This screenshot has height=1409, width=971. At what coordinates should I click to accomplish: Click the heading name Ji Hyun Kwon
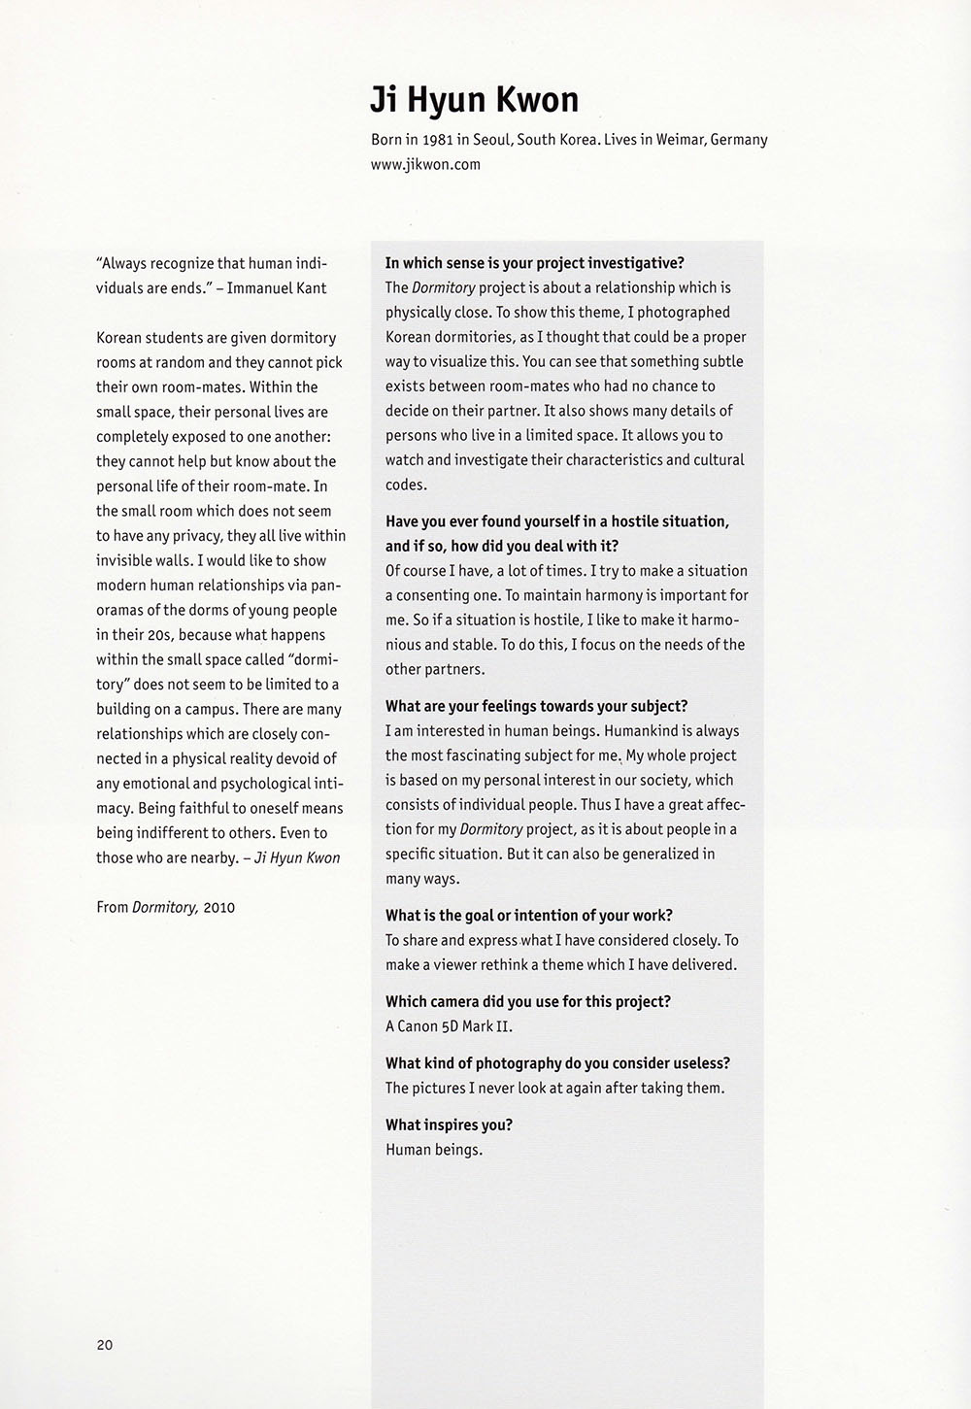pos(474,100)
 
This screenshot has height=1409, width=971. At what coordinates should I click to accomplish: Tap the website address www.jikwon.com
pos(425,164)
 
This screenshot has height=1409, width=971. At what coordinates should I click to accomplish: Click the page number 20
pos(104,1345)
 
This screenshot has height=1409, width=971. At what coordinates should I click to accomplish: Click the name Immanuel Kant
pos(277,287)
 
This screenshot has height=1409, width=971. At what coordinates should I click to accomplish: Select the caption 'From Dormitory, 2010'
pos(165,907)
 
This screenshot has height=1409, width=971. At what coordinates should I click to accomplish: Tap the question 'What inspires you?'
pos(449,1124)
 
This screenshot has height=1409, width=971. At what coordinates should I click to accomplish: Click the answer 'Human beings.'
pos(434,1150)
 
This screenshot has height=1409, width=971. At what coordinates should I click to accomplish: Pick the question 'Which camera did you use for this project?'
pos(528,1001)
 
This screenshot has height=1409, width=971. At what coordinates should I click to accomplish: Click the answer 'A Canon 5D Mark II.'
pos(449,1026)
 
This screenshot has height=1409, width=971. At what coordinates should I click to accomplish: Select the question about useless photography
pos(557,1062)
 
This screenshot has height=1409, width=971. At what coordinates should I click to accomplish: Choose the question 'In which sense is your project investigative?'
pos(535,263)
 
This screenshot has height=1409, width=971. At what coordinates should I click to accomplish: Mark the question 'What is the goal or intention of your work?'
pos(529,915)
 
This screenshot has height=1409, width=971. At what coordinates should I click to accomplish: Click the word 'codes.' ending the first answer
pos(406,485)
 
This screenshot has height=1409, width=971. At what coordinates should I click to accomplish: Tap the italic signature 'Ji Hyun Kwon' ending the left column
pos(297,857)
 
